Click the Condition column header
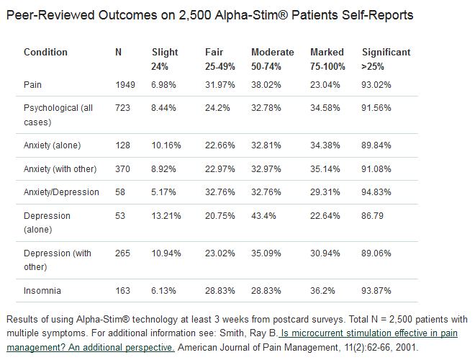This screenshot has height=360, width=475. (45, 53)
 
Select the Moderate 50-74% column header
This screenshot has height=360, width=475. (272, 58)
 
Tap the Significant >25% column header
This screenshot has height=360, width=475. (386, 58)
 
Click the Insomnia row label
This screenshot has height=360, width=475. (43, 291)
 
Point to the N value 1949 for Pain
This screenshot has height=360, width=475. (125, 85)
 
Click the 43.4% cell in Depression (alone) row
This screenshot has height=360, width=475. (266, 216)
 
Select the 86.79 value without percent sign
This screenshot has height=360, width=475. (376, 216)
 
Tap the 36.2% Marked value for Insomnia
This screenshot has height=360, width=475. (322, 291)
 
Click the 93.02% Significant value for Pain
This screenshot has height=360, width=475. (379, 85)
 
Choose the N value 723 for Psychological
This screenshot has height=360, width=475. (123, 109)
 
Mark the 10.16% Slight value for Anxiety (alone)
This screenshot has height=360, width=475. (166, 145)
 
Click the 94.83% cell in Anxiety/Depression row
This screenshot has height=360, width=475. (379, 192)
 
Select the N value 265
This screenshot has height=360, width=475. (123, 253)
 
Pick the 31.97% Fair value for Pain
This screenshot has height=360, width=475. (221, 85)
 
